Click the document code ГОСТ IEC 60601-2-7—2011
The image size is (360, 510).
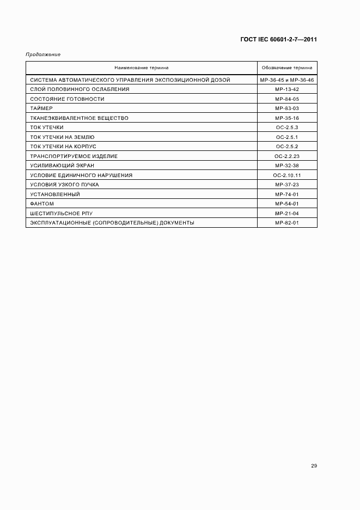(x=279, y=40)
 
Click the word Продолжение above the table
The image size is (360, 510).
(x=43, y=54)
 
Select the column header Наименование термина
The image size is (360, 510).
(x=142, y=68)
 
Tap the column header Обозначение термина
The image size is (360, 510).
(x=287, y=68)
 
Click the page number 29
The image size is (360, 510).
(x=314, y=466)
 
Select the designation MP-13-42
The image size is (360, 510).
(x=287, y=89)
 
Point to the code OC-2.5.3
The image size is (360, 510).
(x=287, y=127)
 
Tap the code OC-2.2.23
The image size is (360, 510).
(x=287, y=156)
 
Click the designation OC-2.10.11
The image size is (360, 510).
(x=287, y=175)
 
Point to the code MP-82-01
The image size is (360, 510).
(x=287, y=222)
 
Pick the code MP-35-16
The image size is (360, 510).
(x=287, y=118)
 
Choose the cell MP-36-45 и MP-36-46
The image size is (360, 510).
(x=287, y=80)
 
